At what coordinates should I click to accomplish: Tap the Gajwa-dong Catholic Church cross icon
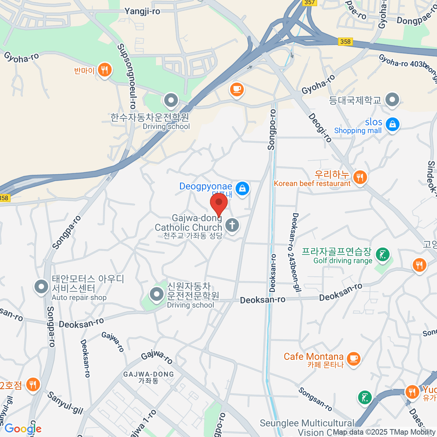pos(232,225)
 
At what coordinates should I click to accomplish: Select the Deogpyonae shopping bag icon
pos(242,188)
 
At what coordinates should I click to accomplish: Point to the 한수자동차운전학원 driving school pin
pos(171,100)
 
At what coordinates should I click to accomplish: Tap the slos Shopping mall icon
pos(393,124)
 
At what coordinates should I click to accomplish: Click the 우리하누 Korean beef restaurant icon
pos(360,177)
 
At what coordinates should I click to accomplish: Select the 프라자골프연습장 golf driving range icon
pos(382,255)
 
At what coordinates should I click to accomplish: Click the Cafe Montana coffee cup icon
pos(353,358)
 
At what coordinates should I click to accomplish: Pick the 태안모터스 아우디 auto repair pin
pos(41,287)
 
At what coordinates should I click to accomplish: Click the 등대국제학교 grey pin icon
pos(392,99)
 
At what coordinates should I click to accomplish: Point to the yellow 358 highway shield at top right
pos(345,42)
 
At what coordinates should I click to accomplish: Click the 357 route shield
pos(309,2)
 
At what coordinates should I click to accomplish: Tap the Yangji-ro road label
pos(142,11)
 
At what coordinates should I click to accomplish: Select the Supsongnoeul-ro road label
pos(126,76)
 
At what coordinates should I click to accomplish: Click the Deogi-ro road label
pos(320,127)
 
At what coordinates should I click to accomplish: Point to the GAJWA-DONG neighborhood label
pos(149,374)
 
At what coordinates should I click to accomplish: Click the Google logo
pos(23,429)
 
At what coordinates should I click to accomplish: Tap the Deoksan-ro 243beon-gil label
pos(295,252)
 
